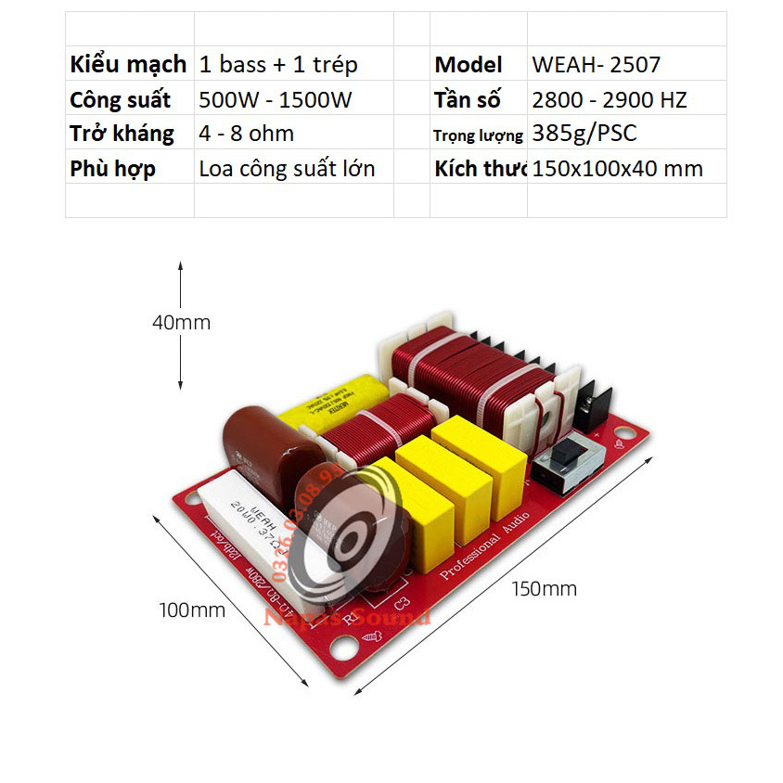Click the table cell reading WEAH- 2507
point(597,65)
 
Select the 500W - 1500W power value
point(276,99)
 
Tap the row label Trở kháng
point(122,134)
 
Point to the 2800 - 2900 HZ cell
point(610,99)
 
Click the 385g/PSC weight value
point(584,134)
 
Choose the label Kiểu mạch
point(128,65)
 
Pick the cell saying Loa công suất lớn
point(288,169)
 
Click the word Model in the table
point(469,65)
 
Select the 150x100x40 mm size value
point(618,169)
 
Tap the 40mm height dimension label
point(181,323)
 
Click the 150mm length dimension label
point(545,588)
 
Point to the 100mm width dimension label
point(192,610)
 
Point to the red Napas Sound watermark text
point(348,617)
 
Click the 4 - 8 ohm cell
point(247,134)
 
